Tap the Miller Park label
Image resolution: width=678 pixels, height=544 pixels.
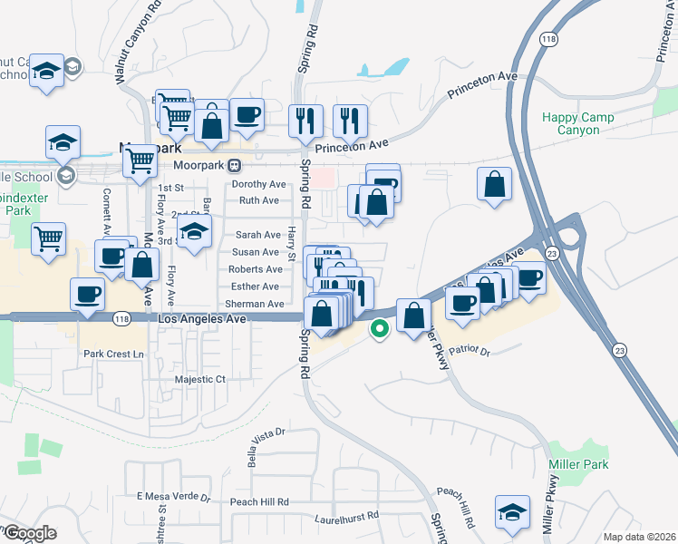pyautogui.click(x=576, y=464)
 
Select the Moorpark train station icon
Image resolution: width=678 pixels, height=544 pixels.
pyautogui.click(x=235, y=165)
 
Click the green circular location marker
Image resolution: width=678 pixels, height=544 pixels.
pyautogui.click(x=381, y=329)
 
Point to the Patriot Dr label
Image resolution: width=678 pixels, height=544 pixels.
pyautogui.click(x=470, y=350)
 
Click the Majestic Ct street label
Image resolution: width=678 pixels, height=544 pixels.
pyautogui.click(x=199, y=379)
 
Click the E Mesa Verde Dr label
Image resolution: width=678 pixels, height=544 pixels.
pyautogui.click(x=173, y=498)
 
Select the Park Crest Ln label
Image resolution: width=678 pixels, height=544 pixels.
pyautogui.click(x=113, y=353)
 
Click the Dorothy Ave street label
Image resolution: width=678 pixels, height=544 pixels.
pyautogui.click(x=258, y=184)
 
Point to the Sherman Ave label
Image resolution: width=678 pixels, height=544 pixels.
pyautogui.click(x=255, y=304)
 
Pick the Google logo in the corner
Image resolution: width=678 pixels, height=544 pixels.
pyautogui.click(x=30, y=533)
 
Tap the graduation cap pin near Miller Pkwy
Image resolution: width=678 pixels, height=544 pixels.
pyautogui.click(x=512, y=512)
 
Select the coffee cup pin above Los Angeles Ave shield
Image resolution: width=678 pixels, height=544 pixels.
pyautogui.click(x=88, y=295)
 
